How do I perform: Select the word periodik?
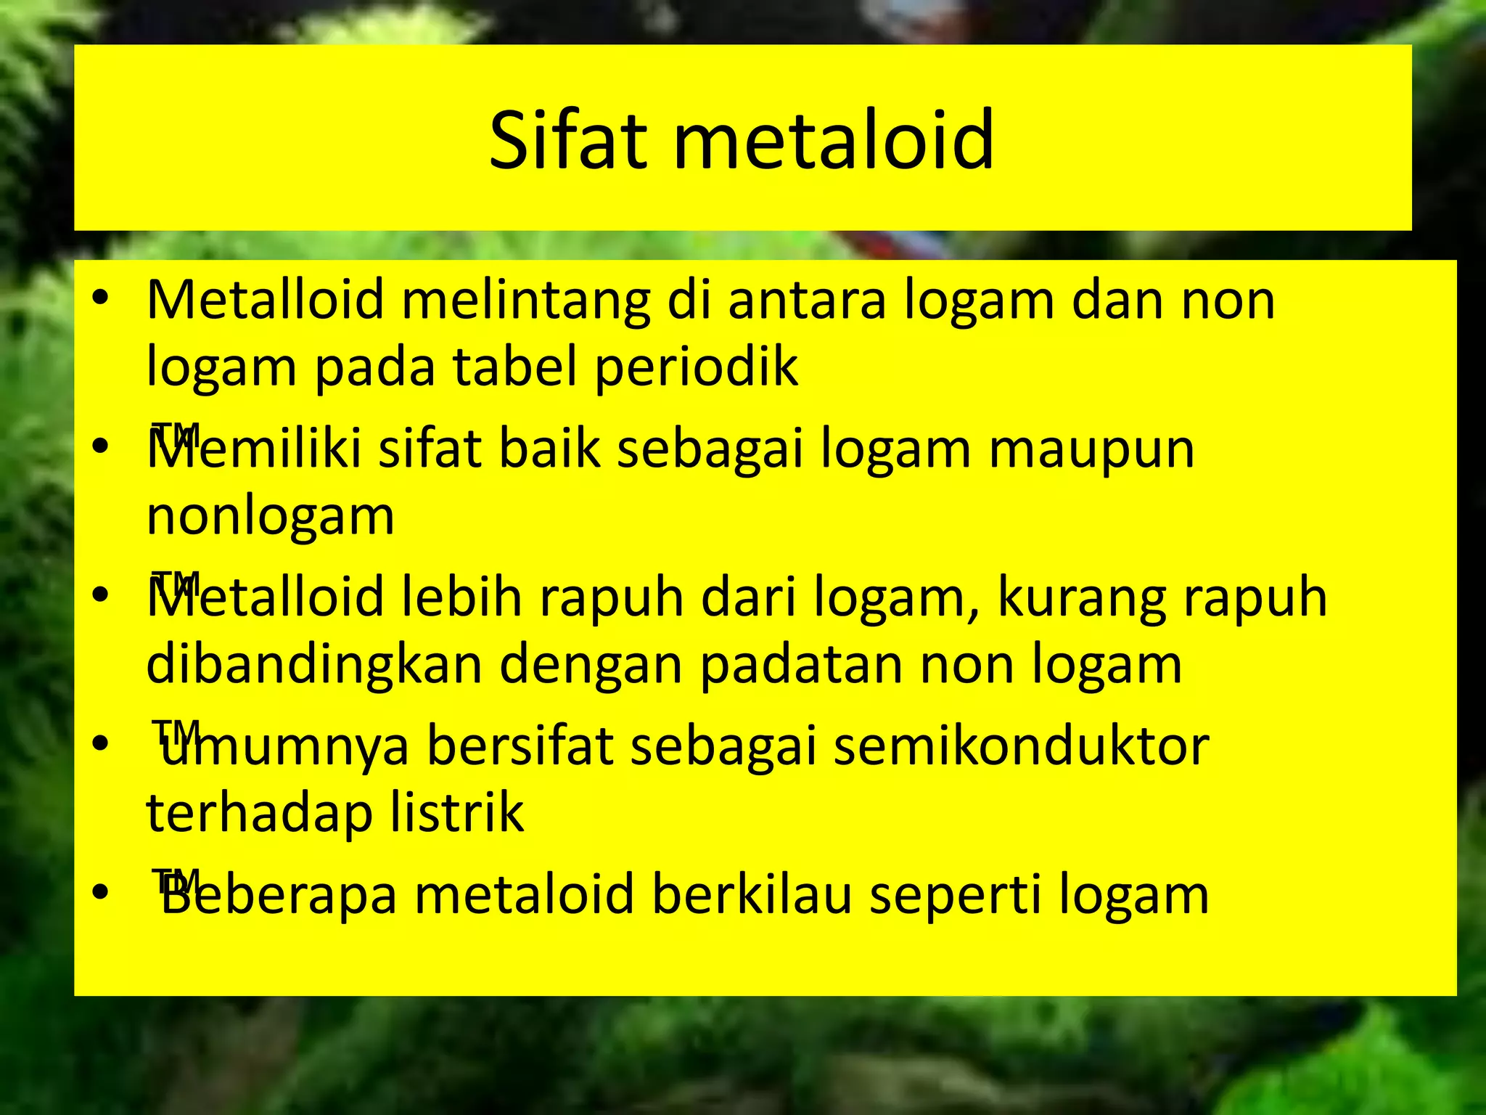pyautogui.click(x=696, y=367)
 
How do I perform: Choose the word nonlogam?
pyautogui.click(x=270, y=517)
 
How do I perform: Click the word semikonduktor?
pyautogui.click(x=1021, y=746)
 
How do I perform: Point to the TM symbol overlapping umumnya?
pyautogui.click(x=174, y=730)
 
